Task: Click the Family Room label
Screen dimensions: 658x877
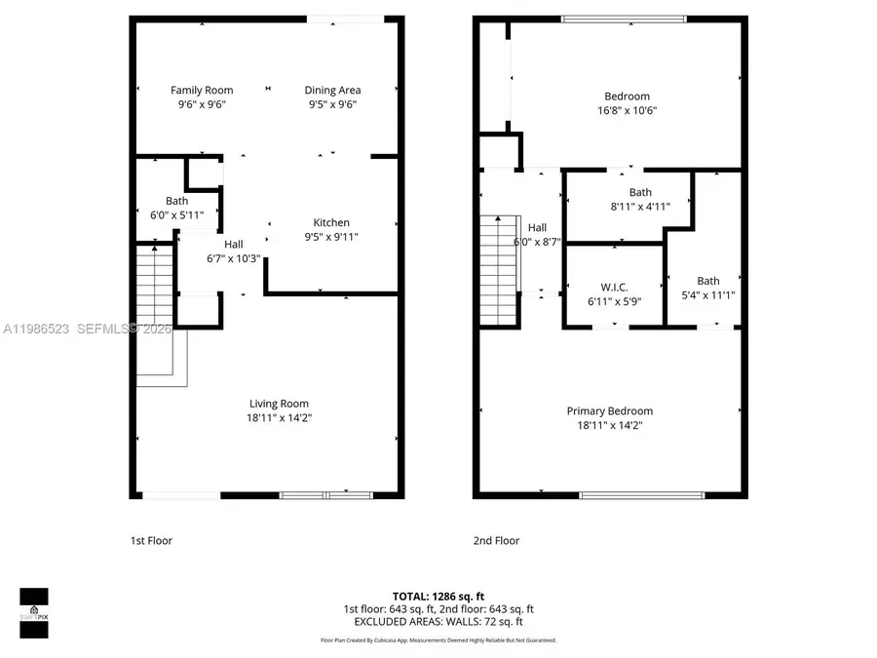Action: pos(202,91)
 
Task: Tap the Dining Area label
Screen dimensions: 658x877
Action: pos(332,91)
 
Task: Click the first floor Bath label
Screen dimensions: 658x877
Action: pos(176,201)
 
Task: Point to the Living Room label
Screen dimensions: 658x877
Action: pos(279,404)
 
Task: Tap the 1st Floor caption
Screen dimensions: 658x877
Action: pos(152,540)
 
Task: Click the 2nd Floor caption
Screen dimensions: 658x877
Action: pos(496,540)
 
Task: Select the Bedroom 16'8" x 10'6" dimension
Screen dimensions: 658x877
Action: pos(627,110)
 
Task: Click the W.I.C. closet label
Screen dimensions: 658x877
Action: pos(614,287)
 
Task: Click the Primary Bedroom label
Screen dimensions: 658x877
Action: pos(610,411)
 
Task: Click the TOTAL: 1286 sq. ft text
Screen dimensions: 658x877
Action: pos(438,595)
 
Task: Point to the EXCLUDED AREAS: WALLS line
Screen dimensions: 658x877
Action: pos(438,621)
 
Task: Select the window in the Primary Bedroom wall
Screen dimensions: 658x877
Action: pos(639,495)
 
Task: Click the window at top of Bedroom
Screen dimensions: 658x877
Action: pos(624,19)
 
